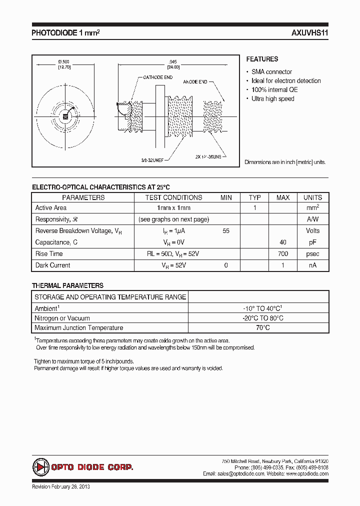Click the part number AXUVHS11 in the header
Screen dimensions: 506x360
(x=309, y=33)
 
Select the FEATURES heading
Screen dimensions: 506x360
(x=262, y=59)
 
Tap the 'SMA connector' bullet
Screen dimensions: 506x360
(x=271, y=71)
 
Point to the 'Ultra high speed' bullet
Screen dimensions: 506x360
(x=272, y=98)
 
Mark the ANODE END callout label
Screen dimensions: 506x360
(x=198, y=81)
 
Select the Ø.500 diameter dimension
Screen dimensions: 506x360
(x=63, y=61)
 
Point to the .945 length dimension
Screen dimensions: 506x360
(x=173, y=62)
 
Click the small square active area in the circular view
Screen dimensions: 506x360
(x=64, y=116)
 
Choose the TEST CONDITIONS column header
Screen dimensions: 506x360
(x=173, y=197)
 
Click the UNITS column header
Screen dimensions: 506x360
(x=312, y=197)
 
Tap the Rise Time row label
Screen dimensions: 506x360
(x=49, y=254)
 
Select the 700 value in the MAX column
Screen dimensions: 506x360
(x=282, y=254)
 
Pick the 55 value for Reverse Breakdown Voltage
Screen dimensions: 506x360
(x=226, y=231)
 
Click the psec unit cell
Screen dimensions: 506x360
(x=312, y=254)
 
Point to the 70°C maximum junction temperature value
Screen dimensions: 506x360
(x=259, y=328)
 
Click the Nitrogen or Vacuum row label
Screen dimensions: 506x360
(x=62, y=318)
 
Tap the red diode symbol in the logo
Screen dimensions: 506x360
(x=40, y=467)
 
